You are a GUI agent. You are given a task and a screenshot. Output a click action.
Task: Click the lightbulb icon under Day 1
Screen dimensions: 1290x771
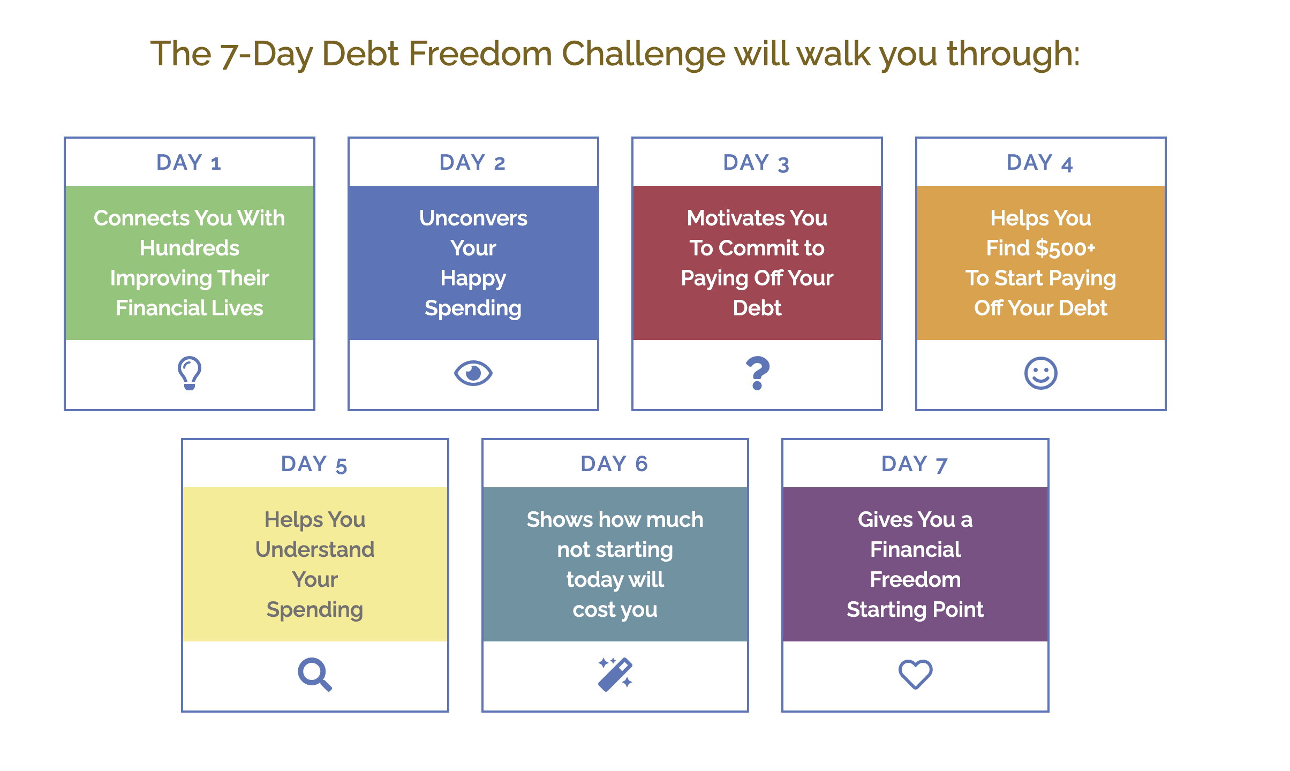tap(190, 373)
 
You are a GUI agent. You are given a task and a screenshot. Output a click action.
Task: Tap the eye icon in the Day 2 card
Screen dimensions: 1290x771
tap(473, 373)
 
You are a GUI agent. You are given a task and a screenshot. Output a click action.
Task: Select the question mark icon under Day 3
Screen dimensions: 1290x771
tap(758, 373)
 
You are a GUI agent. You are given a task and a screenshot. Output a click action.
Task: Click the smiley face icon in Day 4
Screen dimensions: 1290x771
tap(1041, 373)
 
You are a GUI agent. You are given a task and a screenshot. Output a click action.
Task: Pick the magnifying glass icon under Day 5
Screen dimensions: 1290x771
tap(314, 674)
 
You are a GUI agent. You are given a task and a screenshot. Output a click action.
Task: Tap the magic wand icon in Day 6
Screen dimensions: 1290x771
tap(615, 674)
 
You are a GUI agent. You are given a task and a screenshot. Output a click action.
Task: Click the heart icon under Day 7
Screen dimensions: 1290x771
tap(916, 674)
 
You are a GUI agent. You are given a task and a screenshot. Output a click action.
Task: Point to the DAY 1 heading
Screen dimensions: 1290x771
tap(189, 162)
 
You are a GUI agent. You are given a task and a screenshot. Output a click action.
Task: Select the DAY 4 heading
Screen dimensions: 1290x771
tap(1040, 163)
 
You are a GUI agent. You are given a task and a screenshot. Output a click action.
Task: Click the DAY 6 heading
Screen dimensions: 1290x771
tap(615, 464)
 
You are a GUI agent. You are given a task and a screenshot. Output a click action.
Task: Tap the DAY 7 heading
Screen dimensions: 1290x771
tap(915, 464)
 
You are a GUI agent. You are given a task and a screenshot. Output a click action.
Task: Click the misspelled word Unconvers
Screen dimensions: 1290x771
tap(473, 218)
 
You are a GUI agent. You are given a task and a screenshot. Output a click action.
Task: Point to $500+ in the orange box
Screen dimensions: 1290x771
tap(1066, 248)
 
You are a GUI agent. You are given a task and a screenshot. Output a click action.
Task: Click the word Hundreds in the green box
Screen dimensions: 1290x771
tap(190, 248)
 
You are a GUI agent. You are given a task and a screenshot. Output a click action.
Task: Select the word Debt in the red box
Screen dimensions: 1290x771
tap(757, 308)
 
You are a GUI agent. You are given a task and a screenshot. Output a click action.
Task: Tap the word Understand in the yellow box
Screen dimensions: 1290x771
tap(315, 549)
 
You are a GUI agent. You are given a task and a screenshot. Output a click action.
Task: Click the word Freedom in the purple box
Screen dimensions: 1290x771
tap(916, 579)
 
